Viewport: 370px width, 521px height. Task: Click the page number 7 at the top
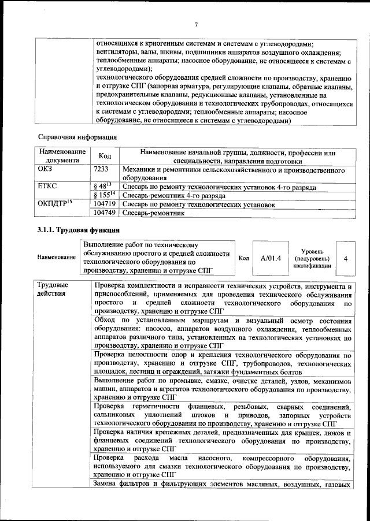click(x=196, y=24)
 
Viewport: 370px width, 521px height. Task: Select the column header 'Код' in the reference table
click(x=105, y=157)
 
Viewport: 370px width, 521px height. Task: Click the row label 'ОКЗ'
click(x=45, y=170)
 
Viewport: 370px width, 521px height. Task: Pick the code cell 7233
click(x=101, y=170)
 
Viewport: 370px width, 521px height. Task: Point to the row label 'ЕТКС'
click(x=46, y=187)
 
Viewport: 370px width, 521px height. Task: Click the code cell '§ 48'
click(x=102, y=187)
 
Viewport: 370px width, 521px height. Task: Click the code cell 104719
click(x=105, y=204)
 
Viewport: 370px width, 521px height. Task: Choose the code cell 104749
click(x=105, y=213)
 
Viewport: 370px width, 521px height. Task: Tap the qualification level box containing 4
click(x=345, y=258)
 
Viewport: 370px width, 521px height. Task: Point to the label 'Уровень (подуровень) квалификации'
click(x=312, y=258)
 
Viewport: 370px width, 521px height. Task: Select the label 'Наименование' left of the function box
click(x=56, y=258)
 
